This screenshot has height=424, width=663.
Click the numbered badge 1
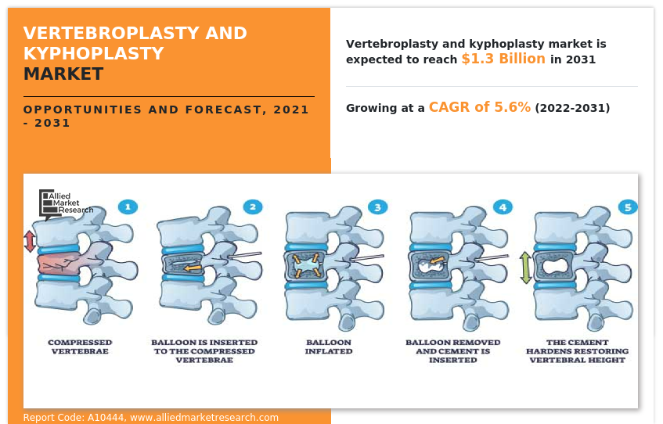click(x=128, y=207)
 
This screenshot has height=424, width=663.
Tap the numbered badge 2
click(x=252, y=207)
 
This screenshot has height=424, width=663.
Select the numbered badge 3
click(x=377, y=207)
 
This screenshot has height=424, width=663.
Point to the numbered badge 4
click(x=503, y=207)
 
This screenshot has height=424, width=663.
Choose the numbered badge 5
click(x=627, y=207)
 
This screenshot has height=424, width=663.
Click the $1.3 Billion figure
click(x=503, y=59)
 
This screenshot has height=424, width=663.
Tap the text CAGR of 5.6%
click(x=479, y=107)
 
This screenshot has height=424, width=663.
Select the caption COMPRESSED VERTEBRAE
click(x=80, y=347)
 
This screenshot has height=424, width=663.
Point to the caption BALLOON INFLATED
click(x=329, y=347)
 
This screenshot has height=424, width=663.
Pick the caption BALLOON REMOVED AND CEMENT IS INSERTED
click(x=453, y=351)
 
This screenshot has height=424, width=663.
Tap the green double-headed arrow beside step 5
click(x=525, y=268)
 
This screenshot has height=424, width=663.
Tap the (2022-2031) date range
click(x=571, y=108)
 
